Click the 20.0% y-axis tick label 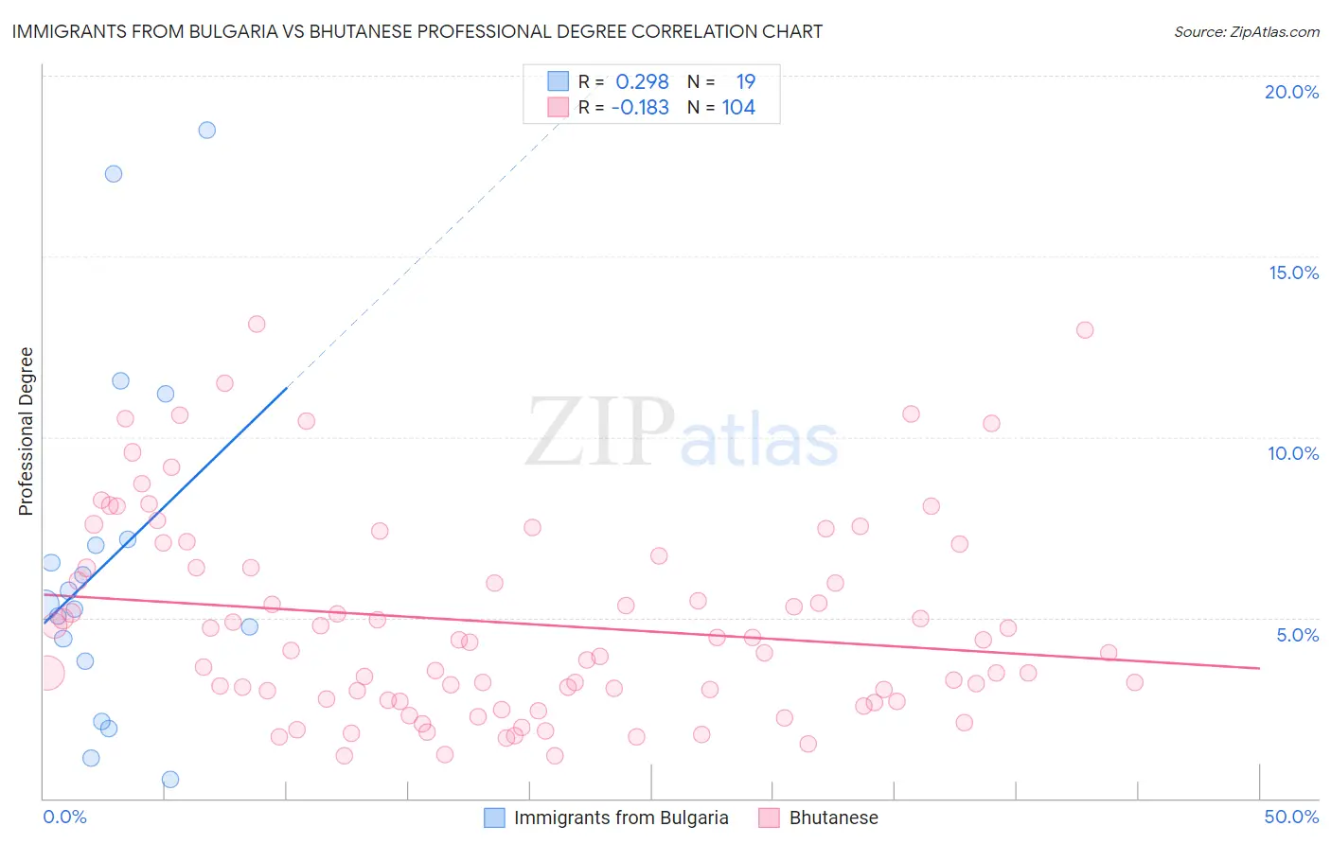1291,92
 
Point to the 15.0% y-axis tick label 1293,273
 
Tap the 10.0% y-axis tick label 1293,453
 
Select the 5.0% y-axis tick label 1297,635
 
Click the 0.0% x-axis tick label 64,817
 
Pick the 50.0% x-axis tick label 1291,817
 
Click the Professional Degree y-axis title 26,431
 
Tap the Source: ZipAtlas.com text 1246,32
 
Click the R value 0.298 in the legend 642,82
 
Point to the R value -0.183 640,108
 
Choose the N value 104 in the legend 738,108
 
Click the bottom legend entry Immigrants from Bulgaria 620,818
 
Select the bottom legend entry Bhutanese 833,818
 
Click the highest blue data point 206,131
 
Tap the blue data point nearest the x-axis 170,780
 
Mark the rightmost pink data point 1134,682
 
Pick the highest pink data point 257,324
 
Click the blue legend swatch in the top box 559,81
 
